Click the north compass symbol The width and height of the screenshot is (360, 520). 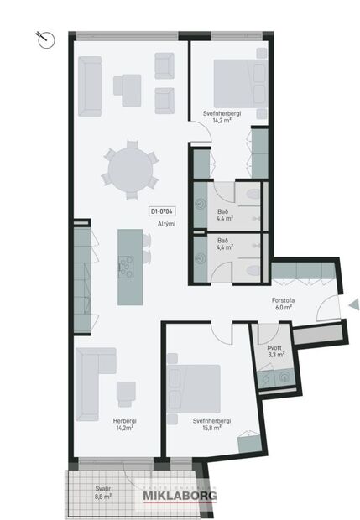[44, 37]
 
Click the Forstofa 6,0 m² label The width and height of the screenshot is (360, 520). [282, 303]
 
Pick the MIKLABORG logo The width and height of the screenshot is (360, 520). [178, 495]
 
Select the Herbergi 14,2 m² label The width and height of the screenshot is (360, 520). [124, 424]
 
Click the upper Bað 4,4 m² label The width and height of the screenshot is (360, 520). [224, 214]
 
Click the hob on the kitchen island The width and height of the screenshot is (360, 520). [127, 265]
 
